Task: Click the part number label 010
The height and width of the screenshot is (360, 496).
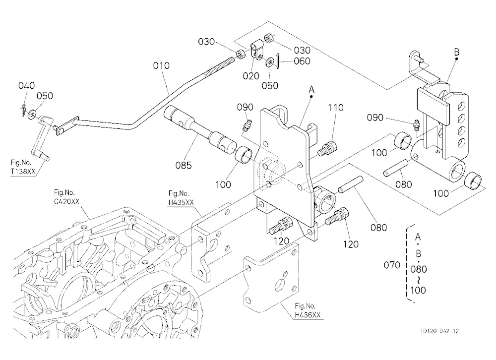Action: [x=161, y=66]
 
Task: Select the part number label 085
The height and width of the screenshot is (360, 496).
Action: [x=184, y=165]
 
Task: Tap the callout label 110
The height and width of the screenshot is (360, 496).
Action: [x=336, y=108]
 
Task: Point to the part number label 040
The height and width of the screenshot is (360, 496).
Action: [x=27, y=85]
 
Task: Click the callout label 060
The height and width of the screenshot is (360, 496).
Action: [x=302, y=61]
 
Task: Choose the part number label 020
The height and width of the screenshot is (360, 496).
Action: [x=251, y=76]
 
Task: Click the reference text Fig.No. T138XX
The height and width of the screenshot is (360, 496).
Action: [x=23, y=167]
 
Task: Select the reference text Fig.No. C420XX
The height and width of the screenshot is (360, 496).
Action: [x=67, y=197]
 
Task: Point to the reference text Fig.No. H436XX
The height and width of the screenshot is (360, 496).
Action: [x=308, y=310]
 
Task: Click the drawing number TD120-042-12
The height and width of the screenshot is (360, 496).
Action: [x=439, y=331]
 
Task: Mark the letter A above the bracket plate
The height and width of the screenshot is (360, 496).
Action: [x=311, y=90]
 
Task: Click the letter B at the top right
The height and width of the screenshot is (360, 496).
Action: [x=456, y=52]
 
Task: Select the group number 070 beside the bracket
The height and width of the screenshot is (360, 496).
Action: [x=392, y=265]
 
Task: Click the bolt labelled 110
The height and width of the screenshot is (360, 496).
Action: [x=328, y=148]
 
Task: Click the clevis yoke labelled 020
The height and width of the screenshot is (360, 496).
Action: [x=256, y=50]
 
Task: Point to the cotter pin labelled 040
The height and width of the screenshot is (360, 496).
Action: [x=24, y=109]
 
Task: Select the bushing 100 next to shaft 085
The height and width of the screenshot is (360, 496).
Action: [x=245, y=154]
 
